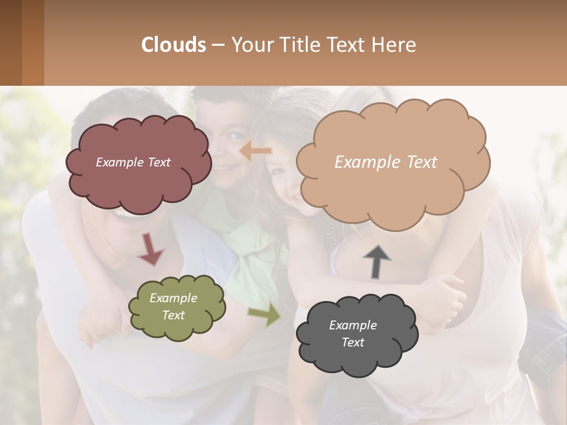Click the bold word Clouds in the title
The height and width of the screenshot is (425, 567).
coord(173,45)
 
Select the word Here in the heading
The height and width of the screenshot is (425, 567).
coord(396,45)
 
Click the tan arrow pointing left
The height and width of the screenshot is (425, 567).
coord(255,152)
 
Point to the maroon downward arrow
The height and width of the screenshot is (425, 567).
coord(151,249)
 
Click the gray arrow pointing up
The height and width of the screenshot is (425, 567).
coord(377,261)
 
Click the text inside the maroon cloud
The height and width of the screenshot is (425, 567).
coord(133,162)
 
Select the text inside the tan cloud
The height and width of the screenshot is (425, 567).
coord(386,162)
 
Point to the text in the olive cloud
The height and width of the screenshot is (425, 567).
coord(174,306)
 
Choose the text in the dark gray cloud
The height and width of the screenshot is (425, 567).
coord(353,334)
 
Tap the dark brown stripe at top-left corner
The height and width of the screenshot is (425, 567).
coord(11,42)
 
